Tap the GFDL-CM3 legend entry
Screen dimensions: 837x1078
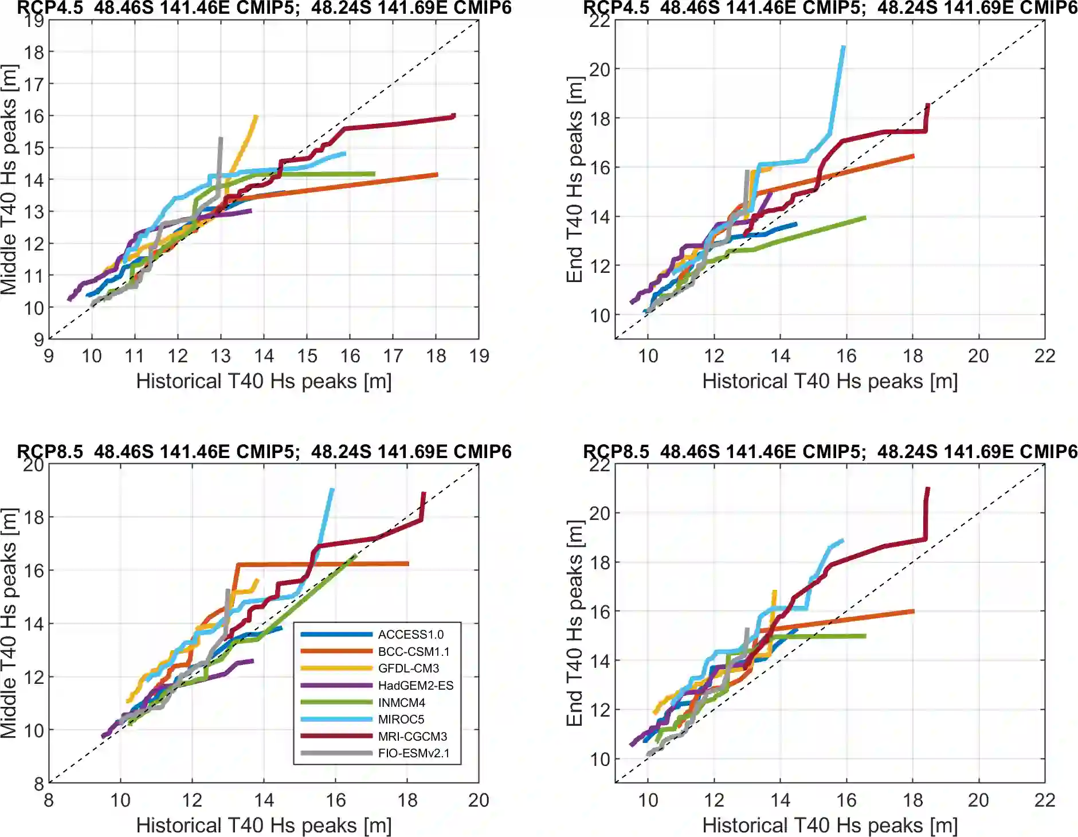coord(408,668)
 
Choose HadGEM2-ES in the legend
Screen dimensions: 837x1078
coord(415,685)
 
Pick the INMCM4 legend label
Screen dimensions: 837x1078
coord(401,702)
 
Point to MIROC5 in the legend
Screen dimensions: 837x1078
coord(401,719)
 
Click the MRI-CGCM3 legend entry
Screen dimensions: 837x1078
coord(412,736)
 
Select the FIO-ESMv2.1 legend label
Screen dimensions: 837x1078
coord(413,753)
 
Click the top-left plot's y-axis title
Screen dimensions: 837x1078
coord(9,179)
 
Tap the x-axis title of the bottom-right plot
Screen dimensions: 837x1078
coord(830,825)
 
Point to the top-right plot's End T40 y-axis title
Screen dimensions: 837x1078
coord(575,179)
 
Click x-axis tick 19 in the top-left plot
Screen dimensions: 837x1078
coord(479,356)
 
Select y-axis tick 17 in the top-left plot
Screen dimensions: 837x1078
coord(34,84)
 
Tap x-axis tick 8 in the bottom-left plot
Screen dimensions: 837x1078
coord(49,800)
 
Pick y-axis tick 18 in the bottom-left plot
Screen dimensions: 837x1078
coord(34,517)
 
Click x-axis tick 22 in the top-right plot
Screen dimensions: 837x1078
coord(1044,356)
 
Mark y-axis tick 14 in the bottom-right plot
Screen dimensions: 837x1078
coord(600,661)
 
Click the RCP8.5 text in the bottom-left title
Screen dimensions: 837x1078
coord(50,452)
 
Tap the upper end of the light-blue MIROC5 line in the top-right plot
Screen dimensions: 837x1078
coord(843,47)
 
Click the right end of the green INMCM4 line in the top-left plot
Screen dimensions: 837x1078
coord(374,174)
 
